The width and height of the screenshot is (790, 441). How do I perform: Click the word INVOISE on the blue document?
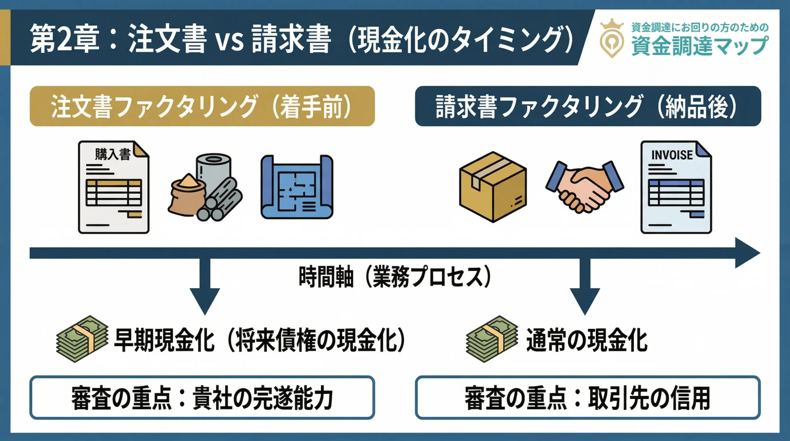pyautogui.click(x=672, y=155)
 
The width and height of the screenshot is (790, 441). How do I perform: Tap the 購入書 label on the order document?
pyautogui.click(x=113, y=154)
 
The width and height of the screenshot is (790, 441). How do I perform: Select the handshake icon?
pyautogui.click(x=584, y=187)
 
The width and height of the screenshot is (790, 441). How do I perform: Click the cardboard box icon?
pyautogui.click(x=493, y=187)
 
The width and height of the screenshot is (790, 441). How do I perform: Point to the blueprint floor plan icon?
pyautogui.click(x=297, y=187)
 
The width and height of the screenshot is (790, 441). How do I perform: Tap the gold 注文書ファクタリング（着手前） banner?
pyautogui.click(x=202, y=106)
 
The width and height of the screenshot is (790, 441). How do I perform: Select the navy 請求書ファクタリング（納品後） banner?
pyautogui.click(x=588, y=106)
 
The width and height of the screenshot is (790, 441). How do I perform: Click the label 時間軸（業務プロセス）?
pyautogui.click(x=394, y=277)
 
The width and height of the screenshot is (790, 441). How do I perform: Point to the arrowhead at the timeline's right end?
pyautogui.click(x=747, y=253)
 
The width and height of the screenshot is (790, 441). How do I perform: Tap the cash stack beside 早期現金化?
pyautogui.click(x=82, y=339)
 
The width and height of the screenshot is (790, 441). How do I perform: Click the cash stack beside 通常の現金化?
pyautogui.click(x=492, y=339)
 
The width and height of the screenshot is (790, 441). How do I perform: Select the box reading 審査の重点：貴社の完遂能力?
pyautogui.click(x=202, y=397)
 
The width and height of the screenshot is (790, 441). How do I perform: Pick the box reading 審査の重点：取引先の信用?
pyautogui.click(x=588, y=397)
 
